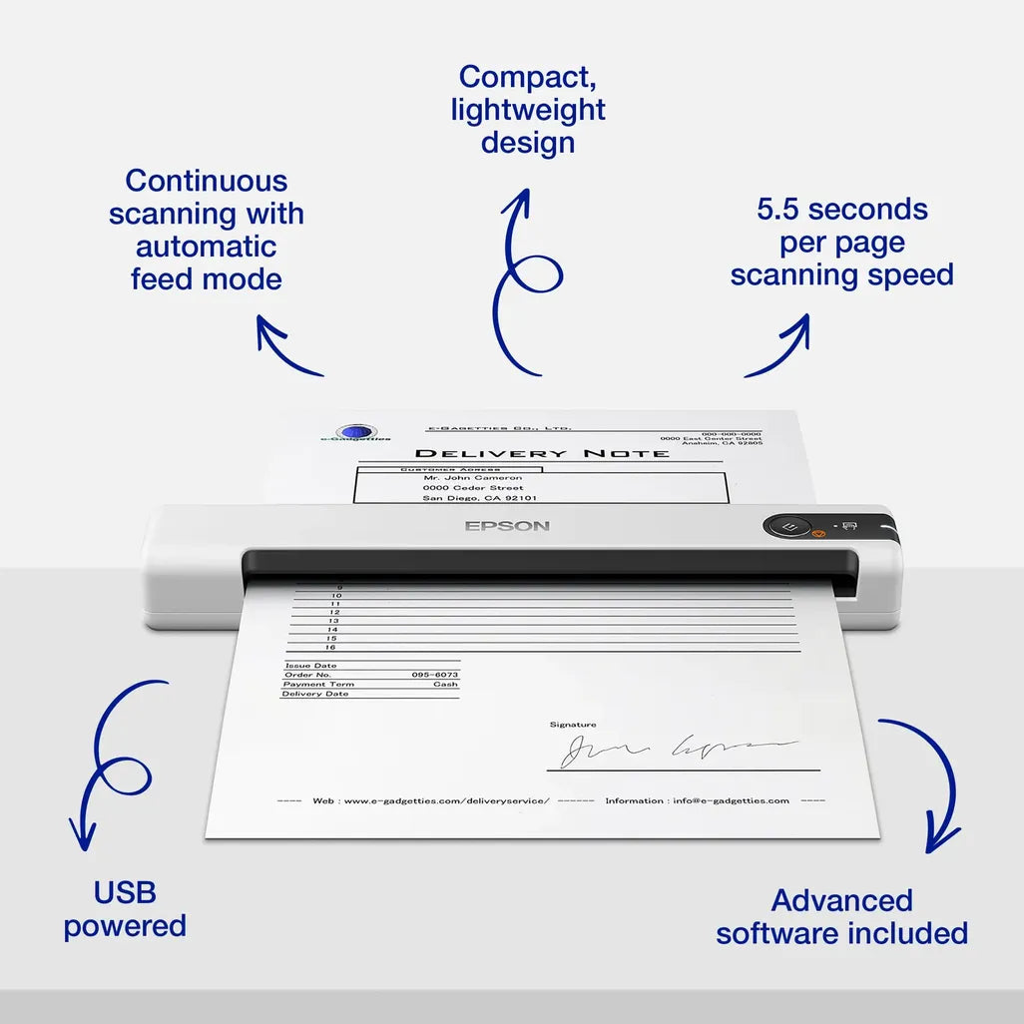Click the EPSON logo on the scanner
point(507,526)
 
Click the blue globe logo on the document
point(356,432)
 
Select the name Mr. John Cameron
point(472,478)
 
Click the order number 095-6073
point(435,675)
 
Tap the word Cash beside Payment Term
point(445,685)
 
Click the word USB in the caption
point(125,892)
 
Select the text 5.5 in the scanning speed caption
point(778,210)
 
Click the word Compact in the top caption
point(528,77)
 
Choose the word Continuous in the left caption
point(207,181)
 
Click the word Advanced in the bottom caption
point(841,900)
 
